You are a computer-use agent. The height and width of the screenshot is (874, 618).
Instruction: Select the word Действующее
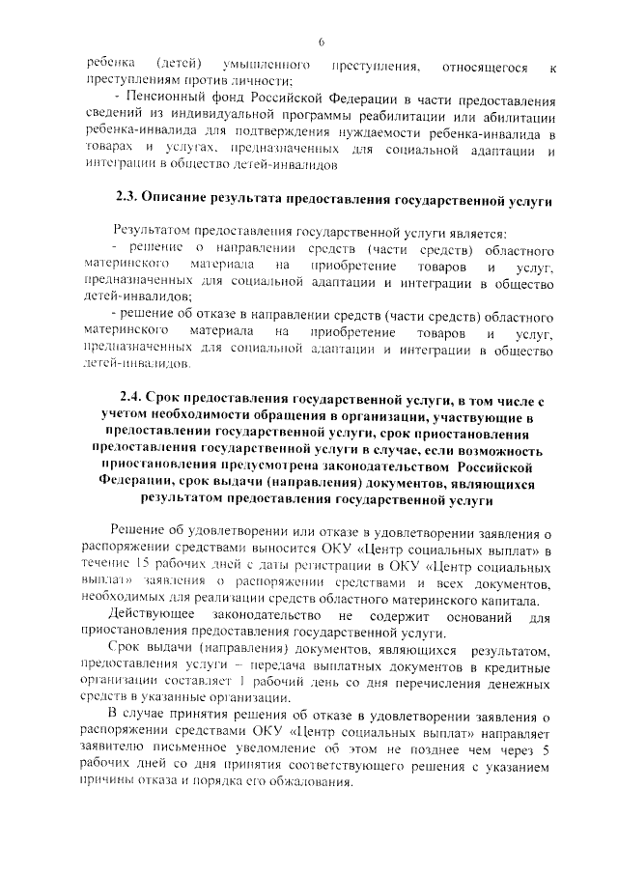click(x=151, y=616)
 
